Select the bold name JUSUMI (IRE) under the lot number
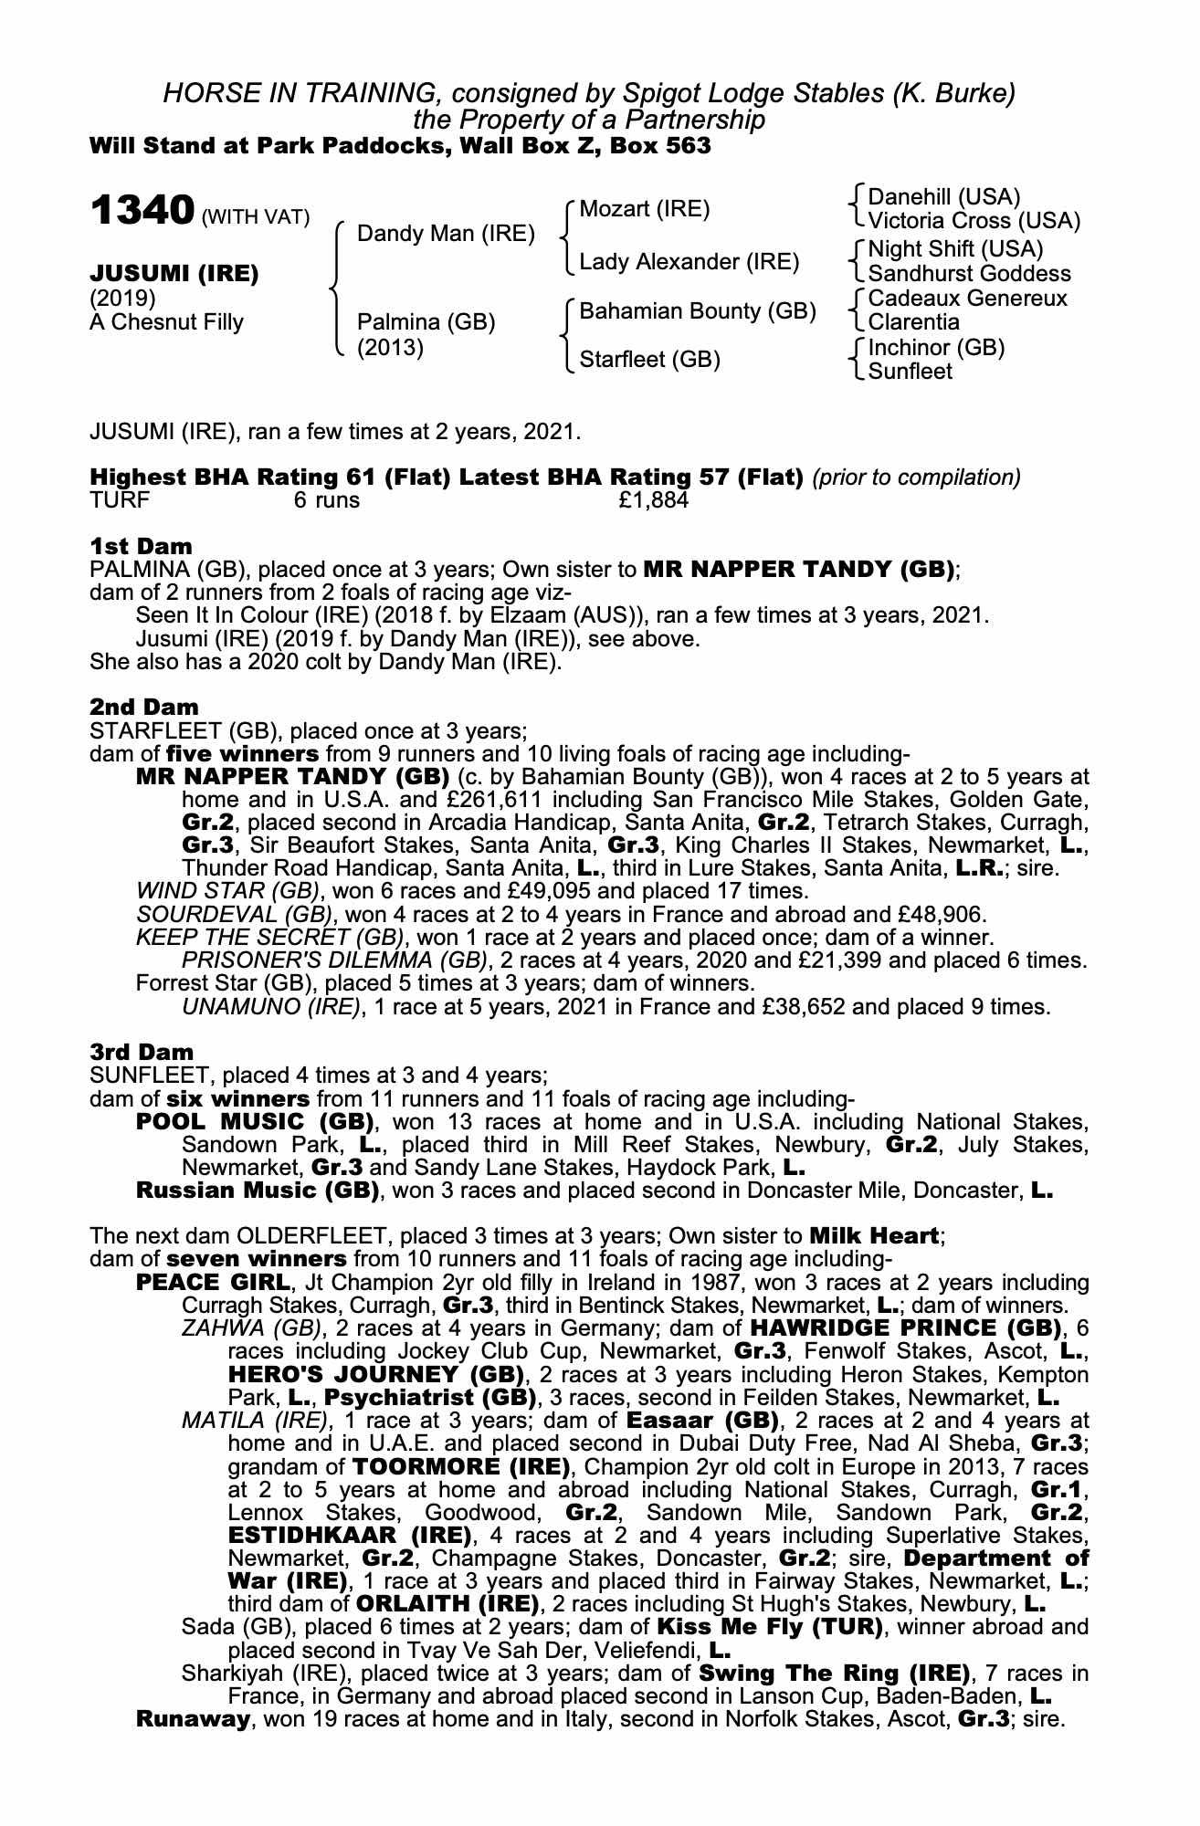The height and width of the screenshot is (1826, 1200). [x=174, y=273]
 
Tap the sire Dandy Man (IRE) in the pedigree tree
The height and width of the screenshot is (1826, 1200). [x=446, y=234]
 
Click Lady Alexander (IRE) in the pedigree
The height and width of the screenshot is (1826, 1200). [x=689, y=263]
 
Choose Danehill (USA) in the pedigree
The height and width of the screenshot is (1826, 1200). [x=943, y=197]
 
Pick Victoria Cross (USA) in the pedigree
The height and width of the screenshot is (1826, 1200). [x=974, y=221]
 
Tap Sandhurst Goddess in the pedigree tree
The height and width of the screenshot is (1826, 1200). [x=969, y=274]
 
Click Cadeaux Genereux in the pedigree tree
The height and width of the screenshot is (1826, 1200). [x=967, y=299]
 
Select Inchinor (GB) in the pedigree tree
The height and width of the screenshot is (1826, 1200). [x=936, y=348]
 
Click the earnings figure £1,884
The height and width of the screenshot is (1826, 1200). [x=653, y=500]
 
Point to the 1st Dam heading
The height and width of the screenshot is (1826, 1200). [x=142, y=546]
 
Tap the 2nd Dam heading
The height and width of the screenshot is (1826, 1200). [x=144, y=707]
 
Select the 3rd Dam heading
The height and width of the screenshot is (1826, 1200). [x=142, y=1052]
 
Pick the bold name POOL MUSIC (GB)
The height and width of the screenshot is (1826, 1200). [x=255, y=1121]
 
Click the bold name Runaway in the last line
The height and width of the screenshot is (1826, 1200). [x=192, y=1719]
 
